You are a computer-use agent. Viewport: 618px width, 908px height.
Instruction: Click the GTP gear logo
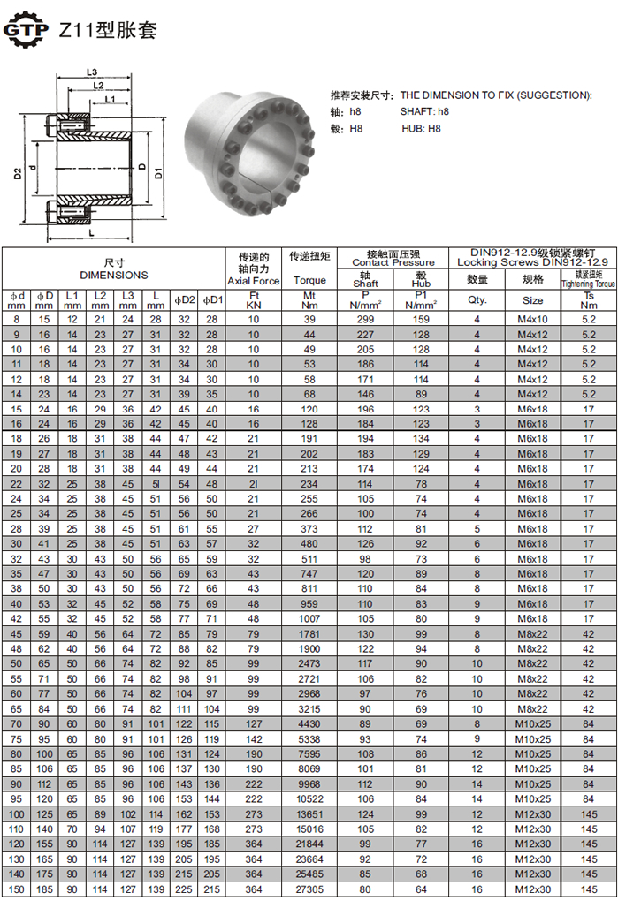(27, 29)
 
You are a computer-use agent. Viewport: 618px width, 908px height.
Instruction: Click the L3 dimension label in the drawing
(92, 72)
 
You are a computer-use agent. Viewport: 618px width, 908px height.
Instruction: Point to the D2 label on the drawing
(18, 173)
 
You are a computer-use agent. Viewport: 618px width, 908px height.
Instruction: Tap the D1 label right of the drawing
(158, 173)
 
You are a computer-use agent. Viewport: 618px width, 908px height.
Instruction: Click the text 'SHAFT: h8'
(424, 111)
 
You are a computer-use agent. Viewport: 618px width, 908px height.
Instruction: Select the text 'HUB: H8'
(421, 129)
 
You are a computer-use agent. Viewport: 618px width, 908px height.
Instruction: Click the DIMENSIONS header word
(114, 275)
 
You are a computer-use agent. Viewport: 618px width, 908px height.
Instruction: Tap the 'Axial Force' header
(254, 281)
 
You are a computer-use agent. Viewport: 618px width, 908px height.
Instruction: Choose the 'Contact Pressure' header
(393, 262)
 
